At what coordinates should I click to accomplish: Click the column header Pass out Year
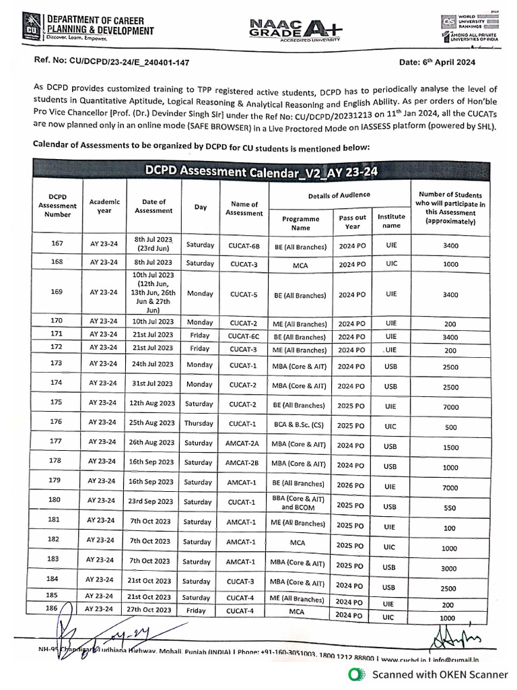click(352, 222)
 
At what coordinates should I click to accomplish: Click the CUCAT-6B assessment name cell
click(244, 247)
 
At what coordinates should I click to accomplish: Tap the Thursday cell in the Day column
click(200, 423)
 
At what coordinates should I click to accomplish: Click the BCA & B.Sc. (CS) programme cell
click(300, 427)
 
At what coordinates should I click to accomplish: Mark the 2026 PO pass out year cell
click(352, 486)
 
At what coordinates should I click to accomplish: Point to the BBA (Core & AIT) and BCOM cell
click(300, 502)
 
